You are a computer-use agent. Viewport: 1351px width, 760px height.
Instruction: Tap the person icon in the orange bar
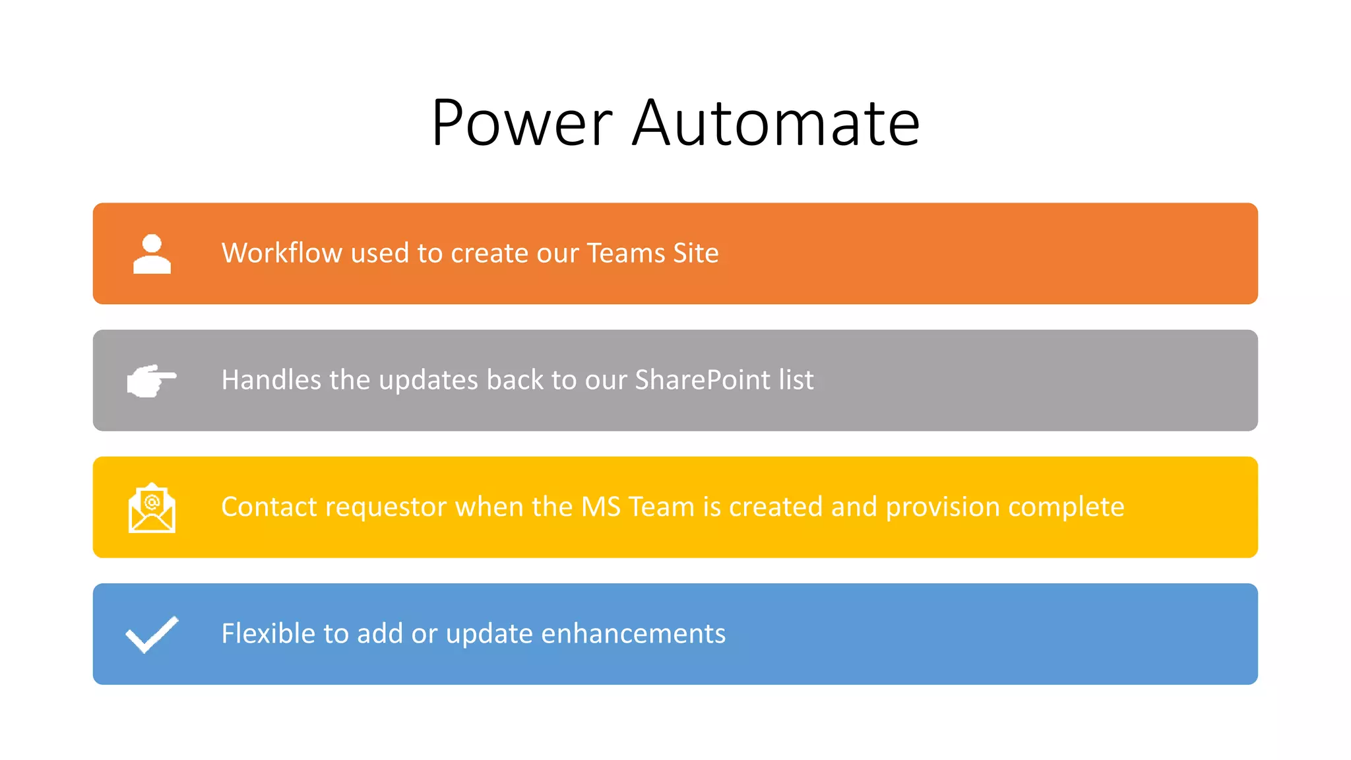(152, 254)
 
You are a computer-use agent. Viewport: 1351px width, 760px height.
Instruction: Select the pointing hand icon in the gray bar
(152, 381)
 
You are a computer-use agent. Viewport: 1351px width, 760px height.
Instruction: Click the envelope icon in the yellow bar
(152, 507)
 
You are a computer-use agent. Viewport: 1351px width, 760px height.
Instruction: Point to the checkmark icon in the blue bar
(152, 634)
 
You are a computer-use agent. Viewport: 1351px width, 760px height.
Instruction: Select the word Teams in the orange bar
(626, 253)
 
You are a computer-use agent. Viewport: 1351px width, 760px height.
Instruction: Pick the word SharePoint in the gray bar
(703, 381)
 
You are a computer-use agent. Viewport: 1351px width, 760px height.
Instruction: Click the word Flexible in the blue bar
(268, 633)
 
